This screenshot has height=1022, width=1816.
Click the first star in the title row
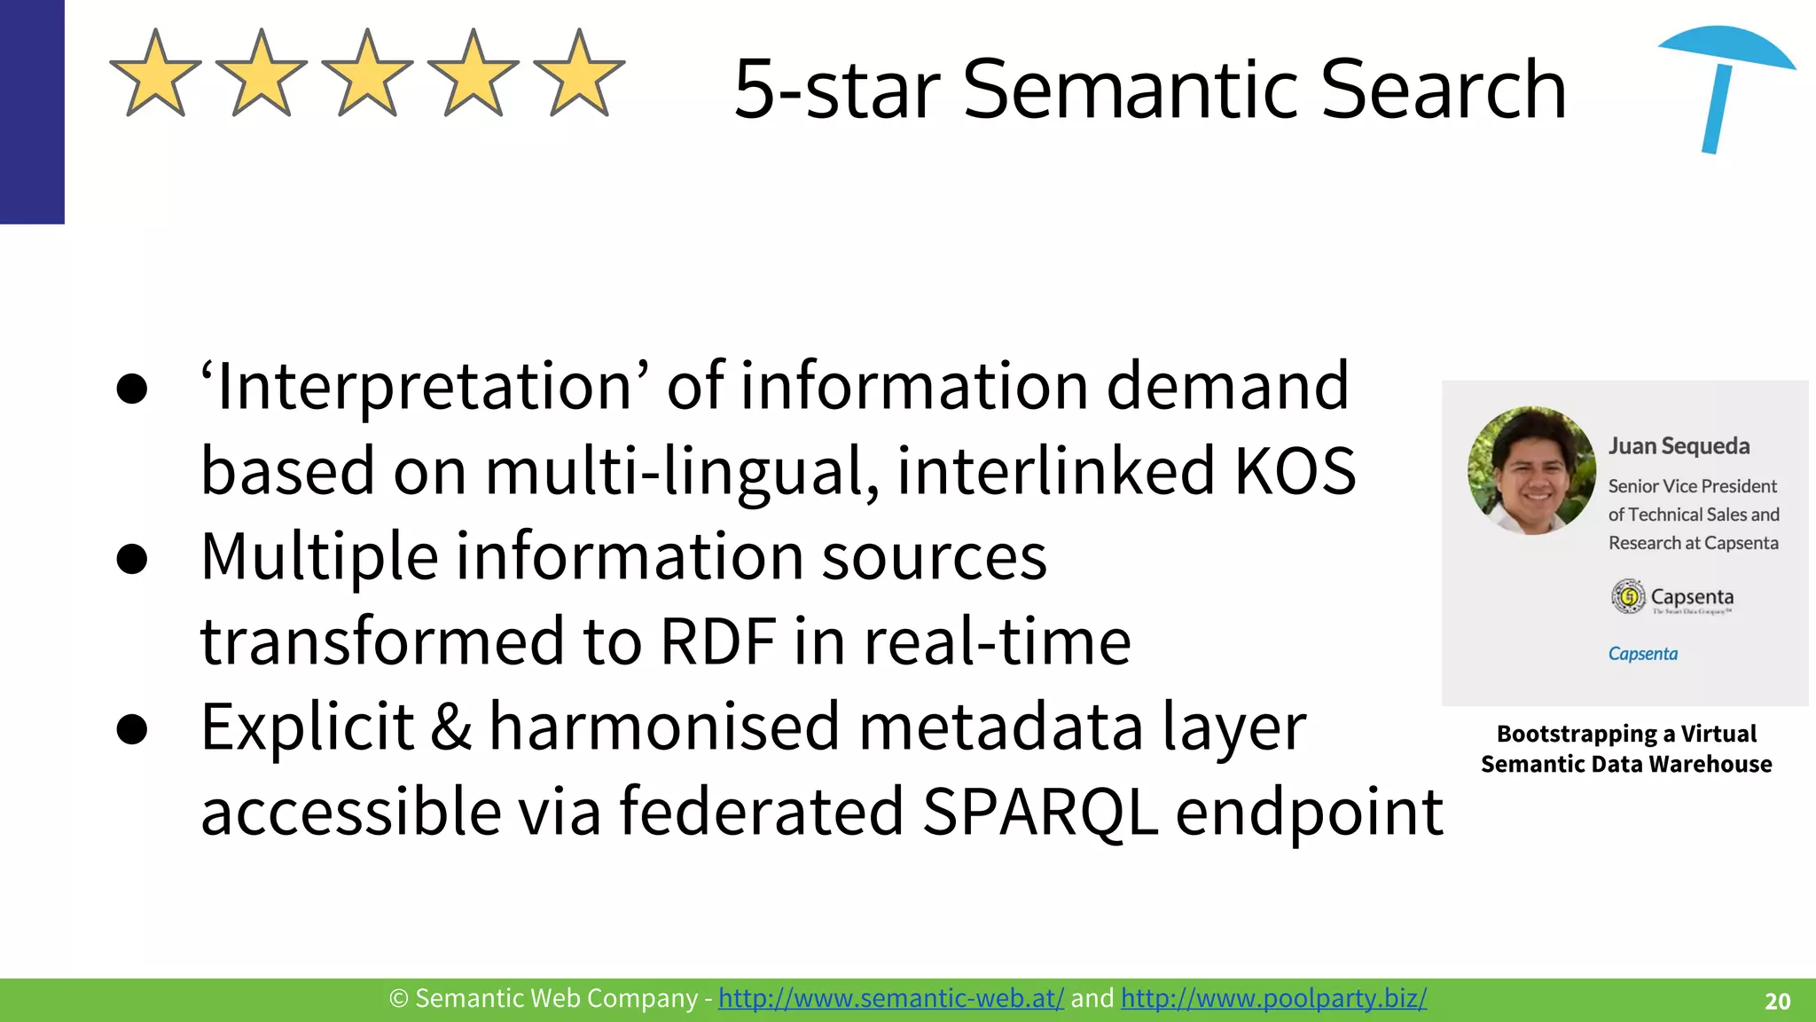tap(155, 76)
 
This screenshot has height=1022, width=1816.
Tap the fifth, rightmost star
tap(579, 76)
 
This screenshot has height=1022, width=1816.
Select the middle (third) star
tap(367, 76)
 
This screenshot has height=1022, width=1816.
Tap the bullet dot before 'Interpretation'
tap(131, 388)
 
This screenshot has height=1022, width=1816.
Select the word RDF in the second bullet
tap(718, 641)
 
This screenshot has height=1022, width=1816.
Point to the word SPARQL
tap(1039, 812)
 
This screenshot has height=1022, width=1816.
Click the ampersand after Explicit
tap(451, 727)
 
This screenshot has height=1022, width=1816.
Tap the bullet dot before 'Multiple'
tap(131, 559)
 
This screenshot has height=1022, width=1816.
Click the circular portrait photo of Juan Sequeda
tap(1531, 470)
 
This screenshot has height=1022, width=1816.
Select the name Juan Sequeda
tap(1679, 445)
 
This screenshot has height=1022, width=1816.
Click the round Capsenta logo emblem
tap(1628, 596)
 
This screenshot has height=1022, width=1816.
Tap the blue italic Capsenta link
tap(1642, 654)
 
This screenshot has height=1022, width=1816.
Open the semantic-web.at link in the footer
tap(890, 999)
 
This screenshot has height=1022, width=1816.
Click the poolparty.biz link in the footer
tap(1273, 999)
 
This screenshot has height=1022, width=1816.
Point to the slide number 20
tap(1777, 1002)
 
